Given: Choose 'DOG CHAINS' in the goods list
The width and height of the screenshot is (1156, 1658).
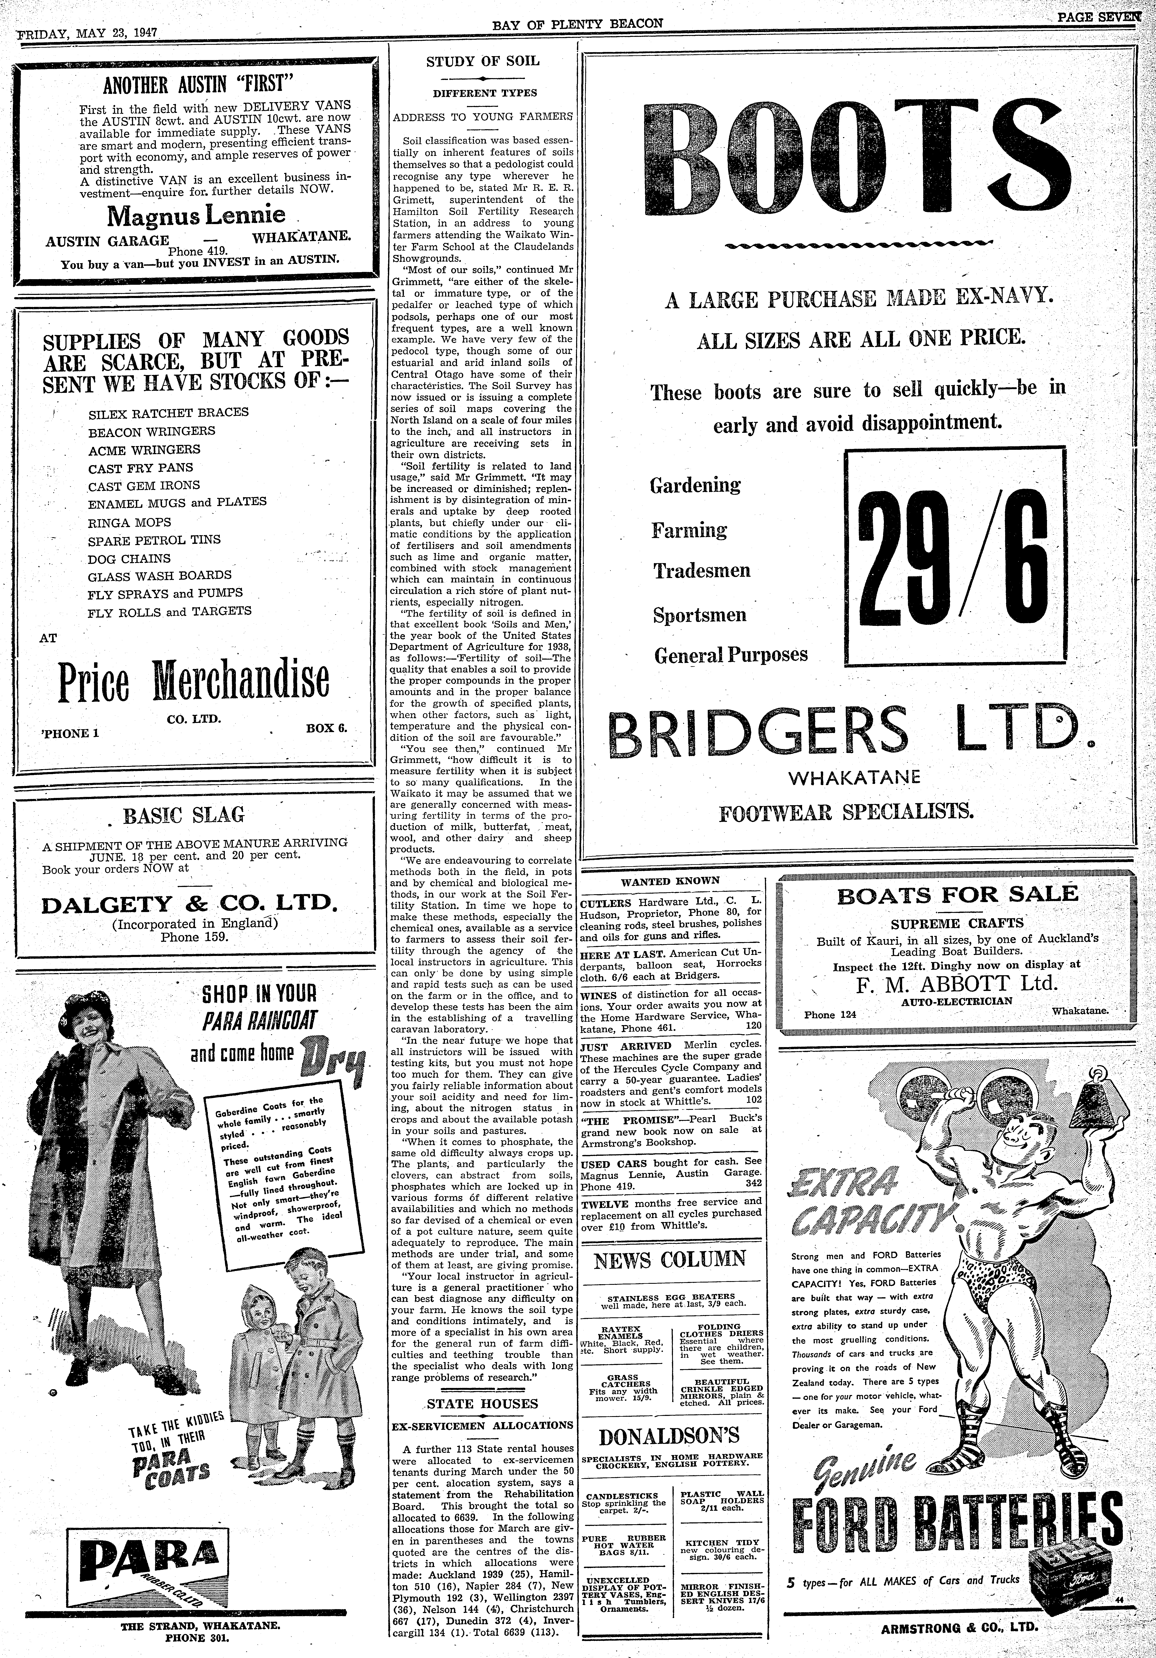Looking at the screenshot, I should (x=129, y=558).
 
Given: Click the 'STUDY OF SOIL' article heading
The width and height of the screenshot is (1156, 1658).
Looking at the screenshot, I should (x=483, y=61).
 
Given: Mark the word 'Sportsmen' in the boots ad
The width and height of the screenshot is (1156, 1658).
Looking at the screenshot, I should (x=699, y=615).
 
